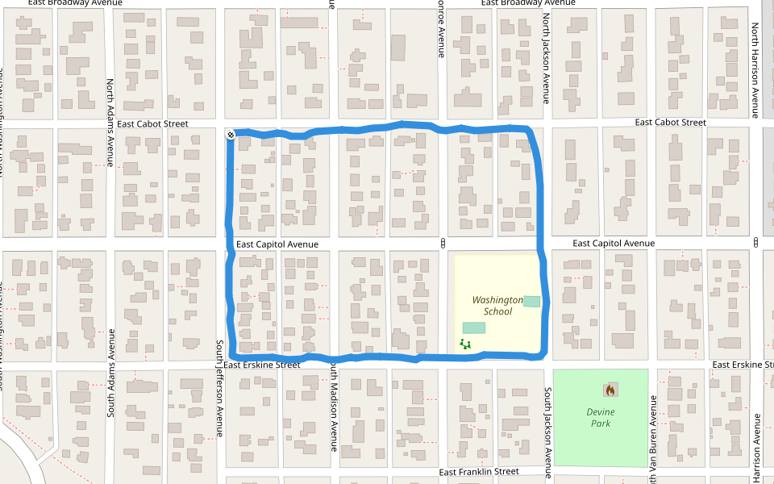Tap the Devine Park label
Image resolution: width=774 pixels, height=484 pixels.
point(598,417)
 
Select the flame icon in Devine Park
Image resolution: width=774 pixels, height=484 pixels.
point(610,390)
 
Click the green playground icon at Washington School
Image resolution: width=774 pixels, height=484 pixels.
point(464,344)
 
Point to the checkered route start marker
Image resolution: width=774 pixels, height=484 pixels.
point(231,135)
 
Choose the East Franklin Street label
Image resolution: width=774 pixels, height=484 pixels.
point(479,471)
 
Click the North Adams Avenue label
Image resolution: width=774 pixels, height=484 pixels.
point(112,117)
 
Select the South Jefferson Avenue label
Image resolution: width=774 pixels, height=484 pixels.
point(219,387)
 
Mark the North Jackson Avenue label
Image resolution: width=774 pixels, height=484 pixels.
point(546,59)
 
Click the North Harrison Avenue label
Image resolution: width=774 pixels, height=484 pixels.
point(755,69)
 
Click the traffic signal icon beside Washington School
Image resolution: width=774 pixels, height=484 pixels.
point(443,243)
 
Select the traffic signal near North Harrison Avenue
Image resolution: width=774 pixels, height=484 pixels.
point(756,243)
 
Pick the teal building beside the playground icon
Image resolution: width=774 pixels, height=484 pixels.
point(474,328)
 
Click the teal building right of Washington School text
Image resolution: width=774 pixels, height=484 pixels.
point(531,301)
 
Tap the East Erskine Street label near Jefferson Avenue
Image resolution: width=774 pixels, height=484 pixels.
point(261,365)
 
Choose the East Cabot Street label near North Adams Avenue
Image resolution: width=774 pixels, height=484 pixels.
point(152,123)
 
